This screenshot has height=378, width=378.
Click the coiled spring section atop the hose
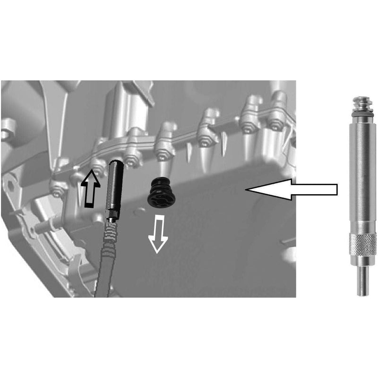tap(109, 232)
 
